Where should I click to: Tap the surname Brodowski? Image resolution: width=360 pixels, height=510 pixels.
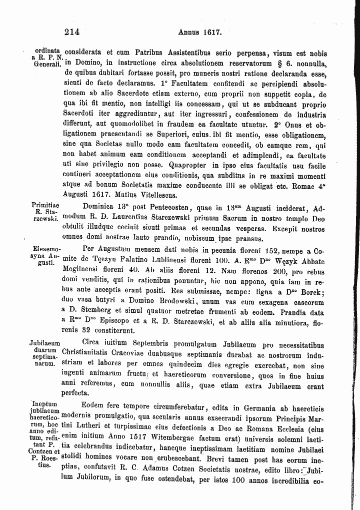(x=187, y=304)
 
